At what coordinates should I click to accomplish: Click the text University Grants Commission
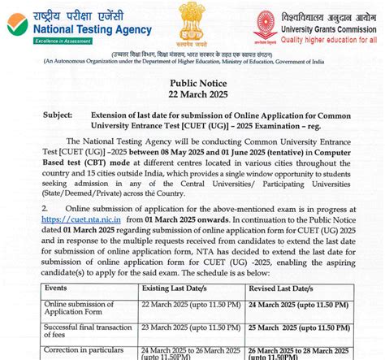pyautogui.click(x=328, y=27)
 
